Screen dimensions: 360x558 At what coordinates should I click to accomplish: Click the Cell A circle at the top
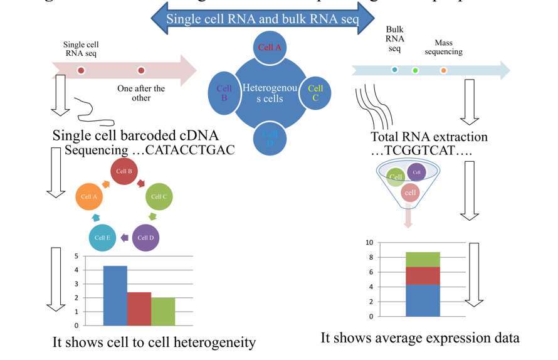click(x=270, y=47)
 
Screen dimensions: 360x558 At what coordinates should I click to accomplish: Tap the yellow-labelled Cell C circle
click(x=315, y=93)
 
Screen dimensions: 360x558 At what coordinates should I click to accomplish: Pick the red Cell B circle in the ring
click(x=124, y=171)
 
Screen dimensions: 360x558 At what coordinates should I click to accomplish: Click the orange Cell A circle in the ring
click(x=90, y=196)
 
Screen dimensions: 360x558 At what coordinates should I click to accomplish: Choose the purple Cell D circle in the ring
click(x=145, y=238)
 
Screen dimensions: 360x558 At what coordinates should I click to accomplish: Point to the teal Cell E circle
click(x=102, y=238)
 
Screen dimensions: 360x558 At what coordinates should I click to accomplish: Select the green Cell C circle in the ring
click(x=159, y=196)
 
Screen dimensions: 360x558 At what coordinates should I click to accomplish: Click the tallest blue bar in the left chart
click(x=115, y=295)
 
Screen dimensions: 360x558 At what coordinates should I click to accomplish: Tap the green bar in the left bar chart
click(x=163, y=311)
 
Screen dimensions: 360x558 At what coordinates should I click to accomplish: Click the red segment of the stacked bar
click(x=422, y=275)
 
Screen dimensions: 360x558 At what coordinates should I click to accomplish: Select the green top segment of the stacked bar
click(x=422, y=259)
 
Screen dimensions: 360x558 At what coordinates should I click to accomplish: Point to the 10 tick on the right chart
click(x=369, y=243)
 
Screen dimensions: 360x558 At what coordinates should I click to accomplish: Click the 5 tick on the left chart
click(x=76, y=257)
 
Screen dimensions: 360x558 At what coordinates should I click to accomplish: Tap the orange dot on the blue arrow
click(x=443, y=70)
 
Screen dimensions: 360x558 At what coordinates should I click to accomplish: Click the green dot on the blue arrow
click(x=415, y=70)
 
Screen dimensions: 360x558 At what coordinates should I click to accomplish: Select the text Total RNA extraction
click(x=429, y=137)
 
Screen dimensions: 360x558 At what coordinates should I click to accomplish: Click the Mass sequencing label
click(x=443, y=47)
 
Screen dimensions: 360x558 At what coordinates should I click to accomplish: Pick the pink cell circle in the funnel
click(x=411, y=193)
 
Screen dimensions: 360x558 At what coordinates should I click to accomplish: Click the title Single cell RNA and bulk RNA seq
click(x=263, y=19)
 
